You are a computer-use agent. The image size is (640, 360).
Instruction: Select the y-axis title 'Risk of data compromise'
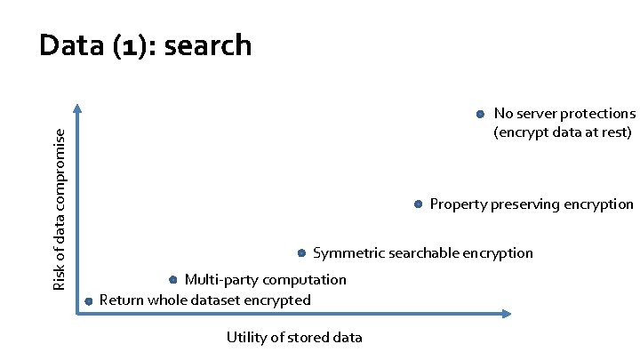point(60,208)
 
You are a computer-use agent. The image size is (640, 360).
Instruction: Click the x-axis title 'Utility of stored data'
point(294,338)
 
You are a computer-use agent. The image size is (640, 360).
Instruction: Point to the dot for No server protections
point(478,114)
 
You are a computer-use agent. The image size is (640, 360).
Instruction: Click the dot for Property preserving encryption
point(418,204)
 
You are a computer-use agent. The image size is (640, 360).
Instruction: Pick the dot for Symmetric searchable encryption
point(302,253)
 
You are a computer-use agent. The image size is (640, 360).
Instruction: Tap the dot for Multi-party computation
point(173,279)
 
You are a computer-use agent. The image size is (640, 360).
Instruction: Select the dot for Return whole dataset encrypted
point(88,301)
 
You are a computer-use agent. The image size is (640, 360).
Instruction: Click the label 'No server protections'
point(564,114)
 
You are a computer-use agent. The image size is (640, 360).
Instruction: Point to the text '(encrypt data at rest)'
point(563,132)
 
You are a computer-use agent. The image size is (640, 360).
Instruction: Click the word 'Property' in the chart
point(458,205)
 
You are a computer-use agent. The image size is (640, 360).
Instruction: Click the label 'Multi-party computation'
point(265,280)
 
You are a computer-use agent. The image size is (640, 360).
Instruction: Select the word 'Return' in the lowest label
point(122,300)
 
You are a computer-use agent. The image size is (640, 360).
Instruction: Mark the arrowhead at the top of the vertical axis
point(78,109)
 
